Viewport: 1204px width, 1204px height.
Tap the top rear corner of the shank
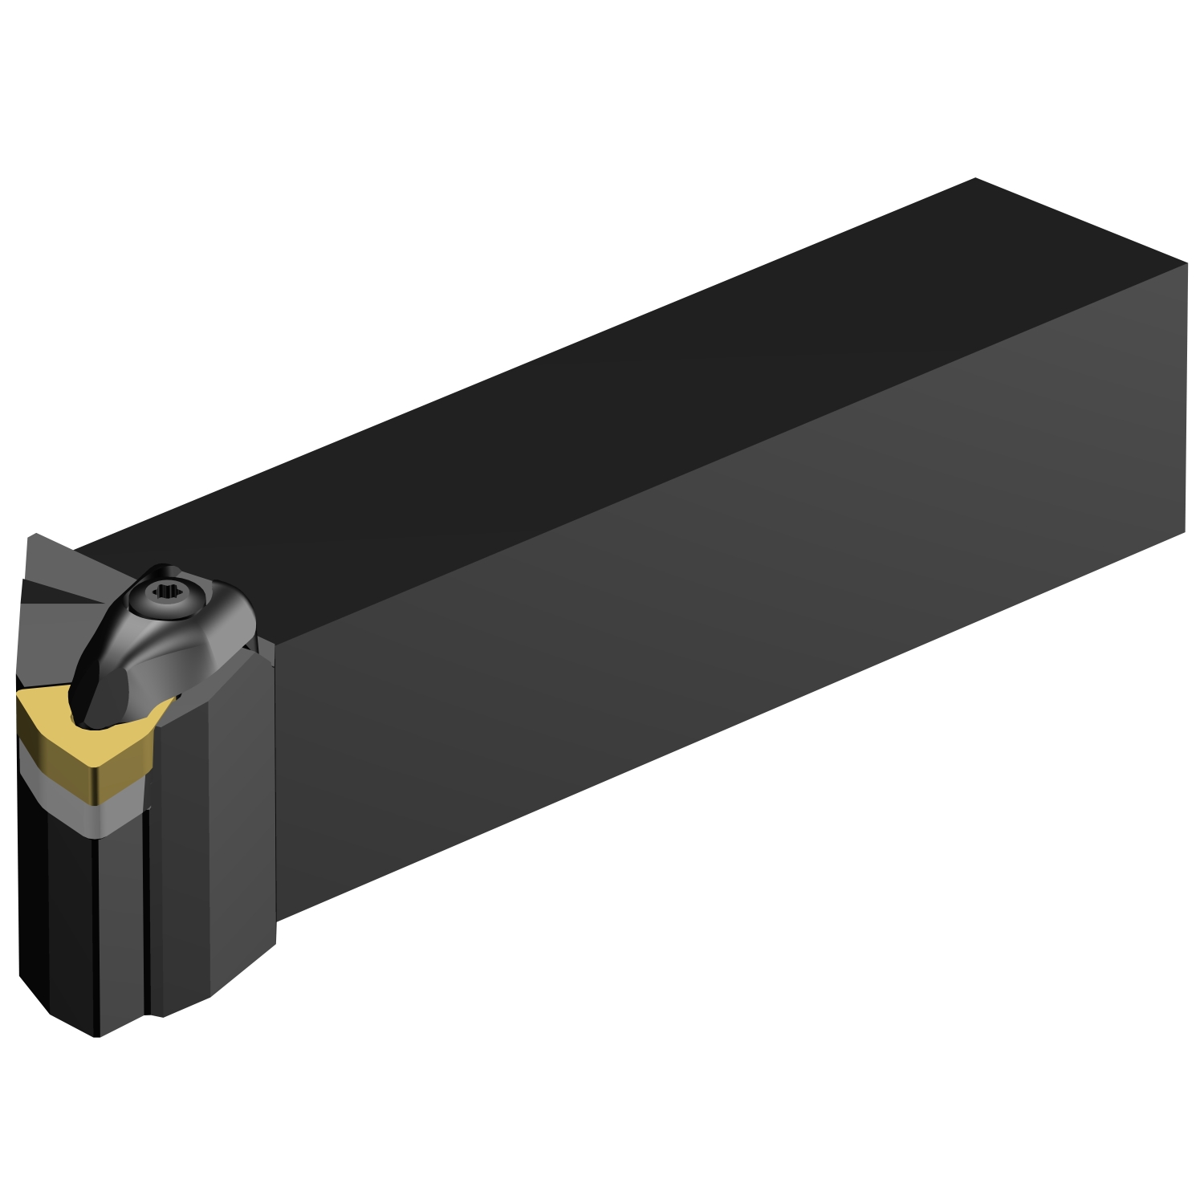(x=975, y=179)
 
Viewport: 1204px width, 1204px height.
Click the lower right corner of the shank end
(x=1184, y=531)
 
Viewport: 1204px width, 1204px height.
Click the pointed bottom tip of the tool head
(x=96, y=1035)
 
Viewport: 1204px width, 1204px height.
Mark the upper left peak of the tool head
(x=31, y=535)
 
